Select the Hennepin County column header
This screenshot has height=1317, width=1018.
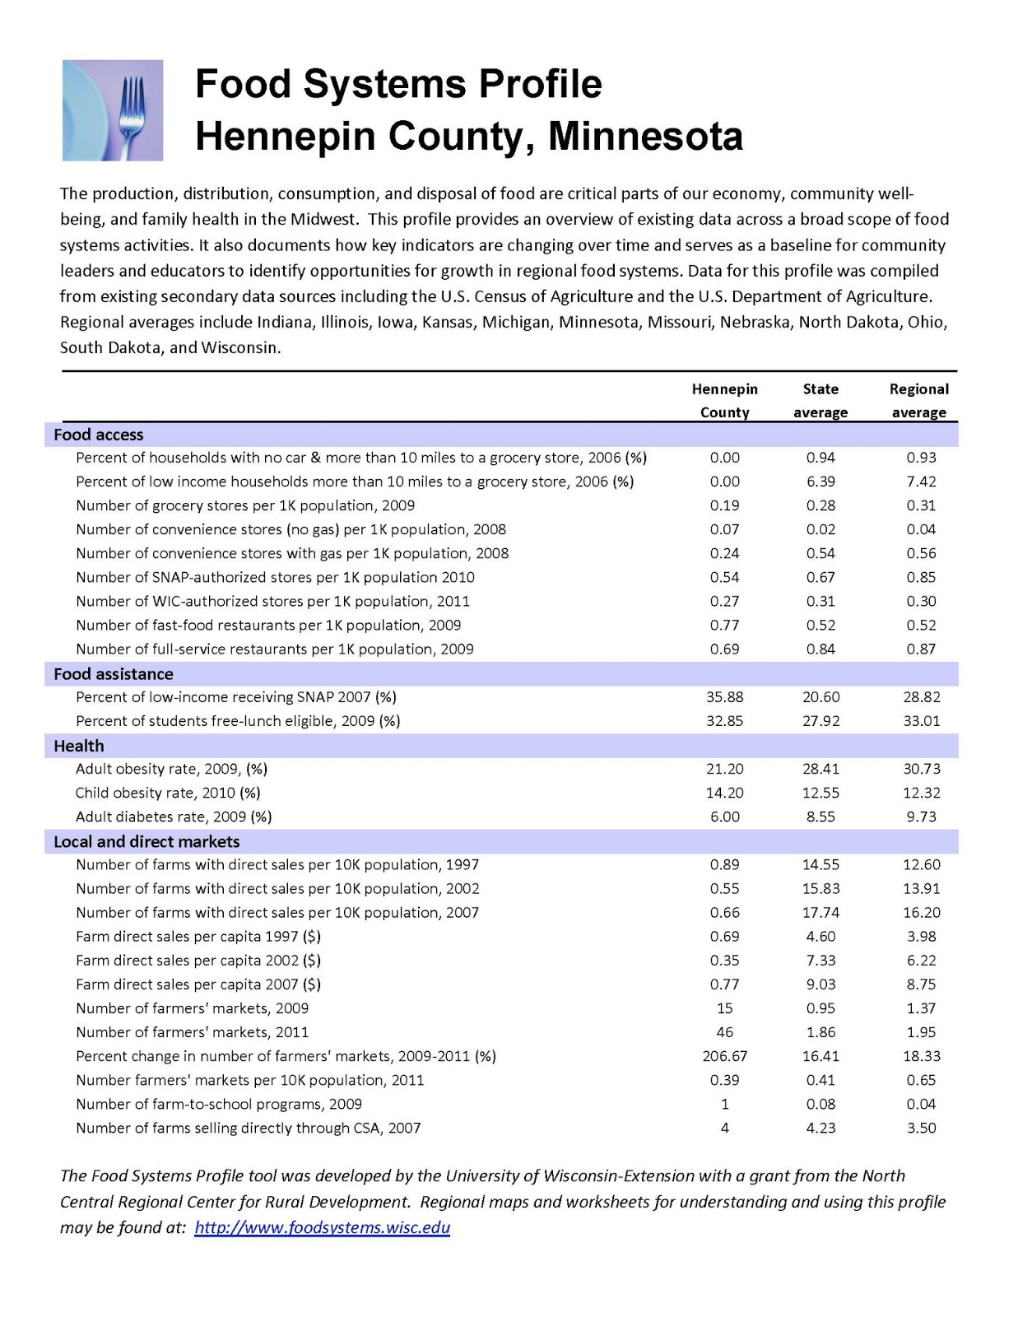[724, 400]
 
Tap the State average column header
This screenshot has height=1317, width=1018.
[820, 400]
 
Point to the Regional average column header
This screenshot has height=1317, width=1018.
[919, 400]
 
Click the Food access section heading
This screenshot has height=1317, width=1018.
[99, 435]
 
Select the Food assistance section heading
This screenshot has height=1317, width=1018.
[114, 674]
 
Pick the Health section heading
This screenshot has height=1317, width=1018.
[79, 746]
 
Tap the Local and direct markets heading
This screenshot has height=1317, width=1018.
[146, 841]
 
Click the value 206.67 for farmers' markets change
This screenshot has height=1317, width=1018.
[724, 1056]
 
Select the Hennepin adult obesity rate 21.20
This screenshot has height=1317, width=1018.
[724, 769]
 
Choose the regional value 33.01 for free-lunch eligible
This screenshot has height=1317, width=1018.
[921, 721]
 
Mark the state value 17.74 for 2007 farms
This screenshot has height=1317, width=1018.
[820, 912]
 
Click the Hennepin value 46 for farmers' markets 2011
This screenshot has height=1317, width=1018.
[724, 1032]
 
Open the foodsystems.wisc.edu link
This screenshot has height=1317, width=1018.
[323, 1228]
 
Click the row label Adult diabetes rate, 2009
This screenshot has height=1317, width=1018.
[174, 817]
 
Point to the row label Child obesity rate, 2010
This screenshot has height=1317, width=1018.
[168, 793]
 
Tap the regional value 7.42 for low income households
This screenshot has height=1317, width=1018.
[921, 482]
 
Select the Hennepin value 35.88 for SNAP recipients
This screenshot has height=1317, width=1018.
[724, 697]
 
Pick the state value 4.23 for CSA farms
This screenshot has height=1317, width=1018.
[820, 1128]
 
